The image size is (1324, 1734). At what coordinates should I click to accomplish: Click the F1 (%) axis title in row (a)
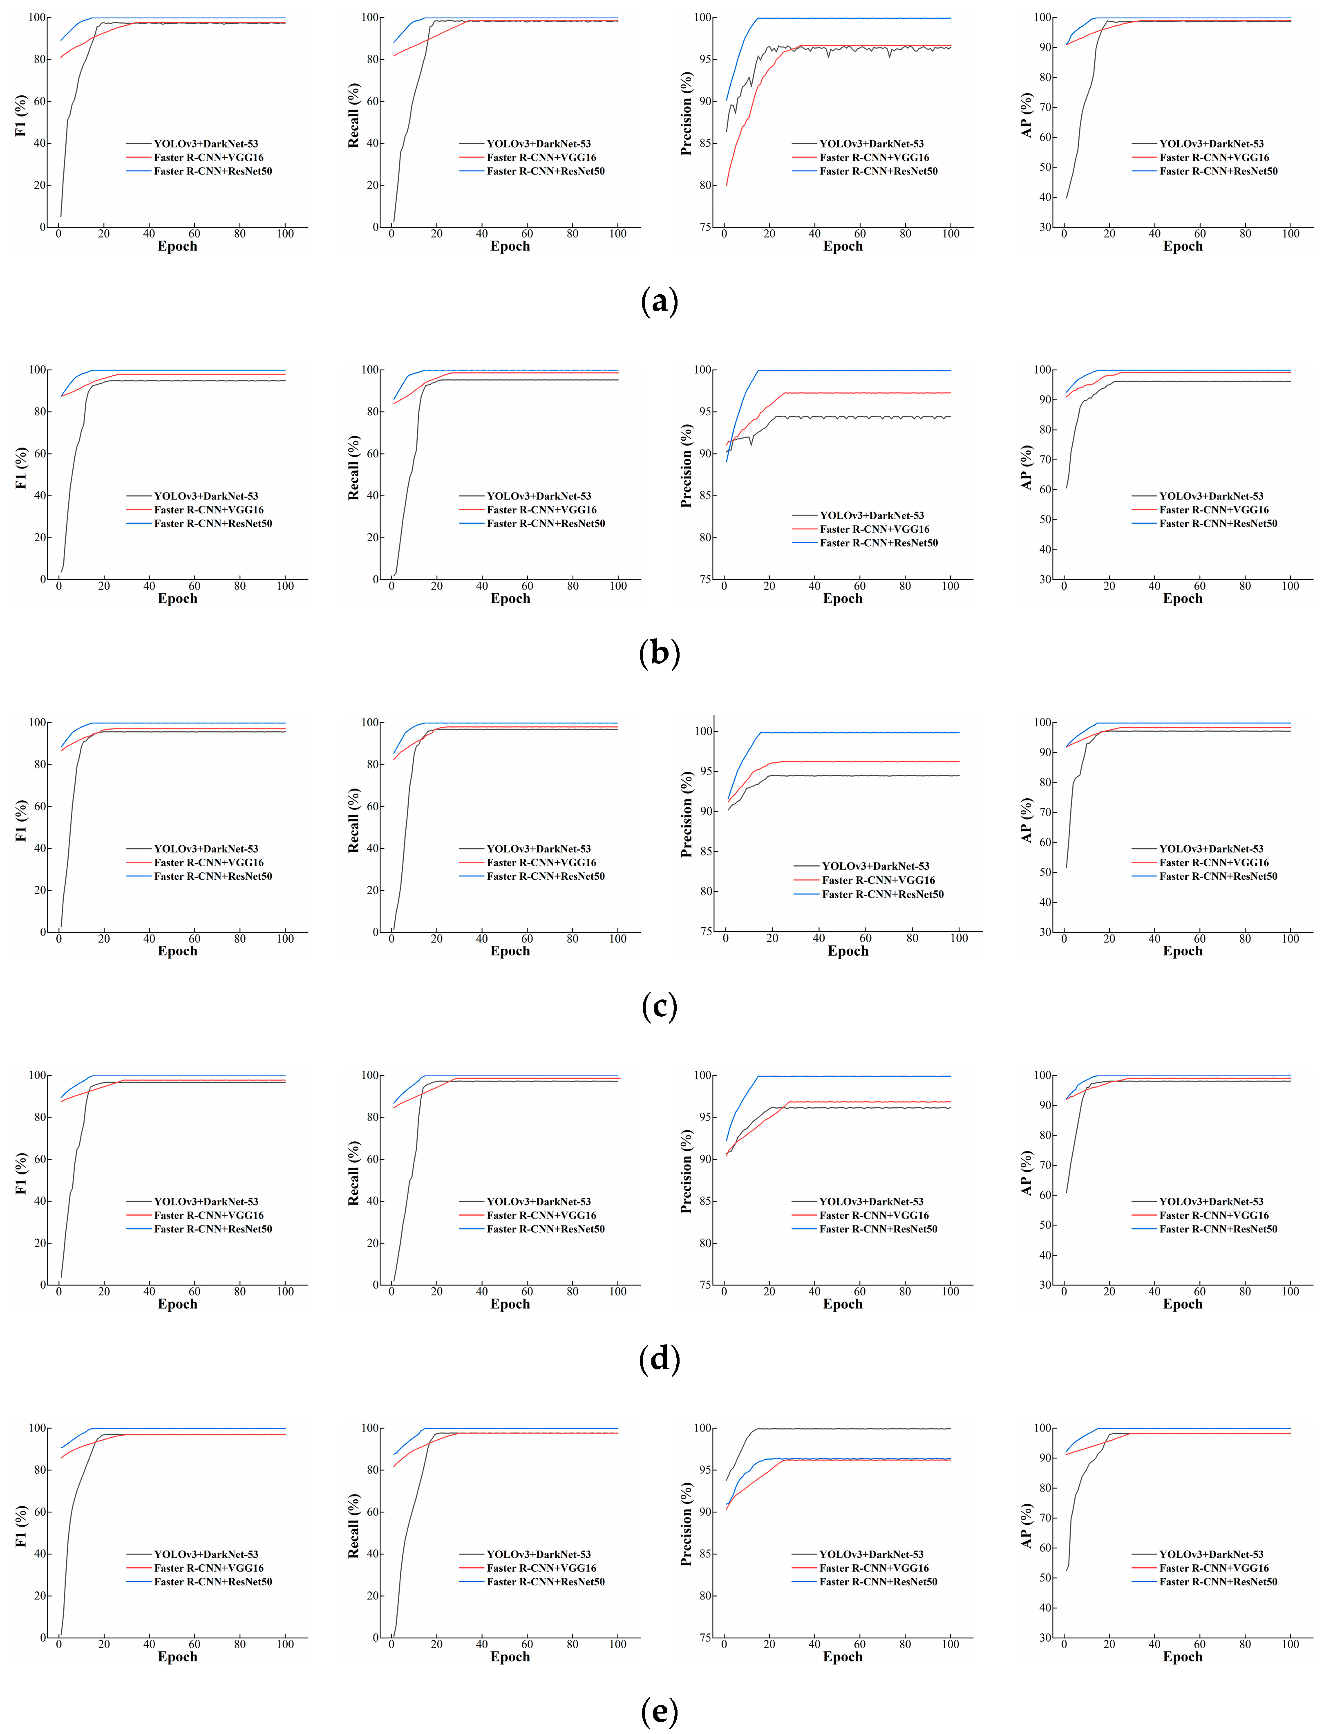click(21, 116)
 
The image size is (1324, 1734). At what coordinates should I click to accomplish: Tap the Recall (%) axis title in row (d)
click(354, 1174)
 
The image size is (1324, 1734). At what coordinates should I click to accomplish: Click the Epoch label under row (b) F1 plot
click(177, 598)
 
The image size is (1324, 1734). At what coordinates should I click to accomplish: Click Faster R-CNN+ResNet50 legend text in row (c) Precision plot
click(883, 894)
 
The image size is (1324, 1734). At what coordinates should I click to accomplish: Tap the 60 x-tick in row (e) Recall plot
click(527, 1644)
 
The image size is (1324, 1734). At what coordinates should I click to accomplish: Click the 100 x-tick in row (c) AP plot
click(1290, 939)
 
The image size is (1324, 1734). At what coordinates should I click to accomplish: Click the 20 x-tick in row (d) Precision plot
click(769, 1292)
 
